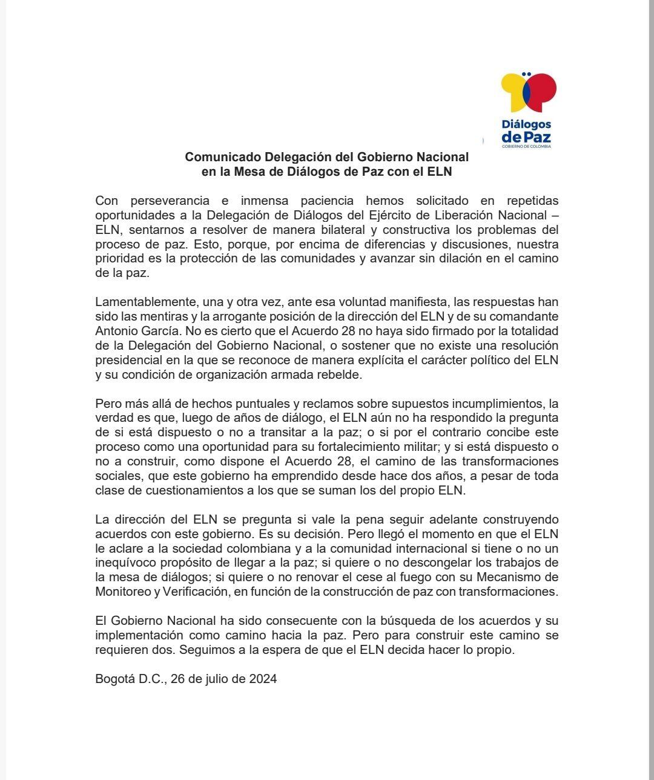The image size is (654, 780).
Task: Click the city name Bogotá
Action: click(115, 679)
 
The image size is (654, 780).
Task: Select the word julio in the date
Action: click(216, 679)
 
